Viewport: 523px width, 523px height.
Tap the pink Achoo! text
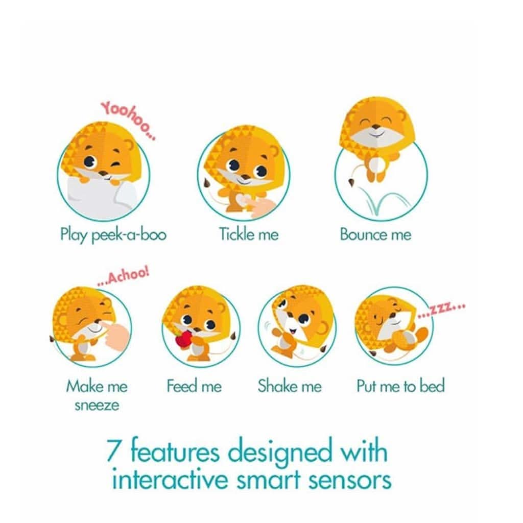click(x=123, y=276)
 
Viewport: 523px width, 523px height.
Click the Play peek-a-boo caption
click(x=113, y=234)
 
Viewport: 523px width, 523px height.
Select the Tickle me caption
click(x=249, y=234)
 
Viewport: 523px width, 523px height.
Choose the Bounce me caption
click(x=375, y=234)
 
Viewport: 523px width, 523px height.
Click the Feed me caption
click(x=194, y=386)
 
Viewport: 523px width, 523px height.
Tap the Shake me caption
click(x=290, y=386)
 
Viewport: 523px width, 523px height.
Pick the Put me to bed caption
click(x=400, y=386)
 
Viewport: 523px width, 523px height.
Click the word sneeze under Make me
click(x=97, y=406)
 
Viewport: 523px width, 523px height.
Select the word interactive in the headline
click(x=172, y=479)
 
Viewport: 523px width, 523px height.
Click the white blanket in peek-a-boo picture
click(x=100, y=197)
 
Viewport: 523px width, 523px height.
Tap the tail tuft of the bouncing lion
click(x=351, y=183)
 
